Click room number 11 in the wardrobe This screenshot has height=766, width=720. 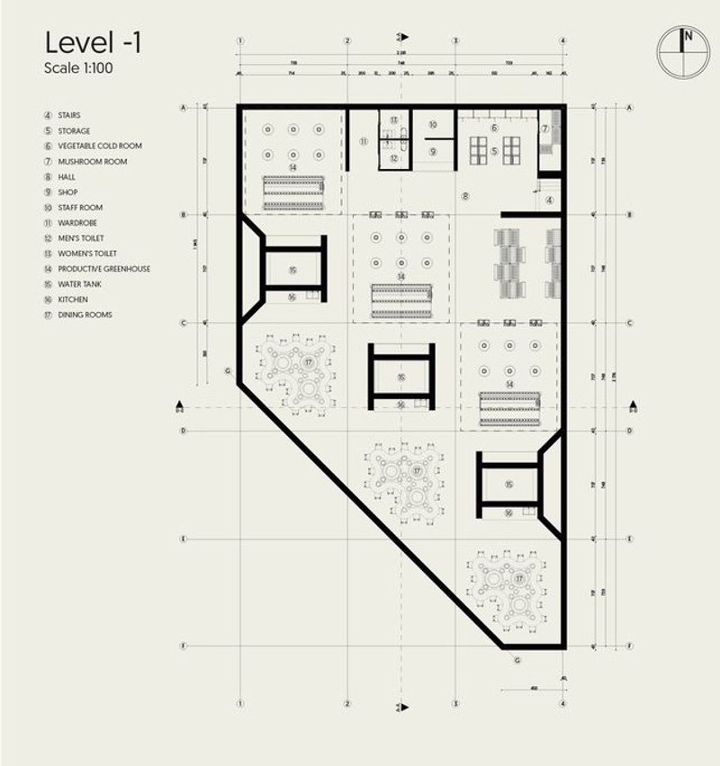click(x=364, y=142)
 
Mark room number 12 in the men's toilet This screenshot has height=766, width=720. click(x=394, y=157)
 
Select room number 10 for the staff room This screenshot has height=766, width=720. click(x=432, y=125)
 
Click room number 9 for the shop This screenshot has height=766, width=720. click(x=432, y=152)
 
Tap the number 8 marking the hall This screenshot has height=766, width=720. click(x=465, y=195)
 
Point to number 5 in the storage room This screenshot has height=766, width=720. click(x=494, y=152)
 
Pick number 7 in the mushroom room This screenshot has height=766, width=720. click(x=544, y=129)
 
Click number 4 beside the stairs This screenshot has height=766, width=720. click(x=550, y=200)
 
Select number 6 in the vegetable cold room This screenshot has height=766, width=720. click(x=494, y=129)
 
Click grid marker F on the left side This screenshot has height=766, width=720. click(x=184, y=646)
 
